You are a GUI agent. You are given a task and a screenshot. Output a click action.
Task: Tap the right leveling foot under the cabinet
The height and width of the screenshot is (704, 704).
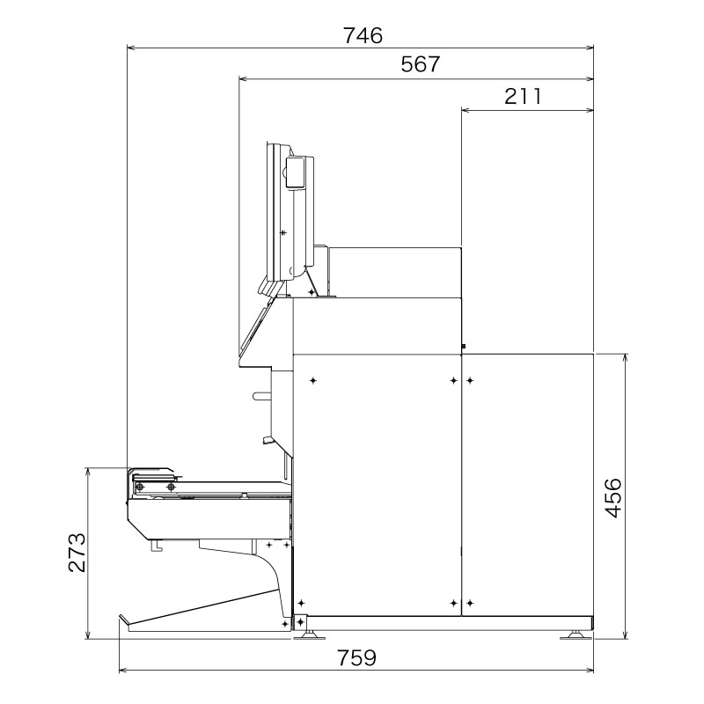click(576, 633)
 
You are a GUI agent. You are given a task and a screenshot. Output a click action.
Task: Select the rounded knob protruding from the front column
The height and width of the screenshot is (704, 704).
click(261, 396)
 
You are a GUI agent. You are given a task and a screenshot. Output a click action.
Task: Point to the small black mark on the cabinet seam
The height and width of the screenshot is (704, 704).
click(462, 347)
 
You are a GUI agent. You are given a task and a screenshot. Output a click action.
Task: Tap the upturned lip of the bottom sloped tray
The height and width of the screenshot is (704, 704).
click(124, 620)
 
